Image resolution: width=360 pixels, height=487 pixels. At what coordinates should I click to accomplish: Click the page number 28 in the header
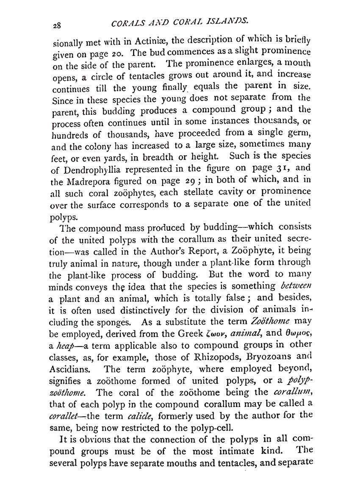point(56,25)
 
